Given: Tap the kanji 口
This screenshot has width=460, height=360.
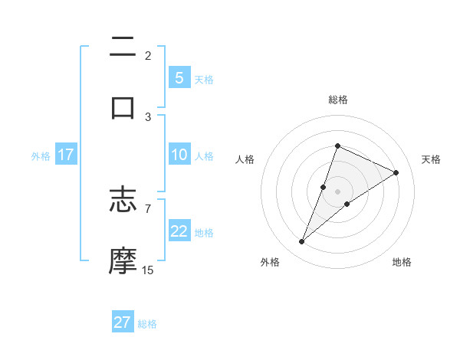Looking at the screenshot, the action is click(x=123, y=107).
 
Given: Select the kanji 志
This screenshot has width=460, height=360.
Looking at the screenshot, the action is click(x=123, y=201).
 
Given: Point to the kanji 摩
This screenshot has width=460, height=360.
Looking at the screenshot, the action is click(x=123, y=260).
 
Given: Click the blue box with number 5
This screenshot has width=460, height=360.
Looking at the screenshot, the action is click(x=179, y=78).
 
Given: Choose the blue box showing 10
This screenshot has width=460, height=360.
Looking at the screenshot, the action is click(x=179, y=155).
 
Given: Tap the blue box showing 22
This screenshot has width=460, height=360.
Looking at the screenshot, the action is click(x=179, y=232).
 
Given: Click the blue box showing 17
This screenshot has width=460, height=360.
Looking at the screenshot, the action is click(x=65, y=155).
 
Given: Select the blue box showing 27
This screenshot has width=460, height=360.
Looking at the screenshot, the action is click(x=123, y=322).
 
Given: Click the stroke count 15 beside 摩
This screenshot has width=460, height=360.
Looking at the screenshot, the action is click(x=147, y=270).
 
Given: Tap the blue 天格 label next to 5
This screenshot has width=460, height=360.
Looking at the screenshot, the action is click(x=204, y=79).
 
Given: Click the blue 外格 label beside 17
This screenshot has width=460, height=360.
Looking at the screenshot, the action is click(x=41, y=155).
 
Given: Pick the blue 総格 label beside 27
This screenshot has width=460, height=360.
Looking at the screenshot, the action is click(x=147, y=323).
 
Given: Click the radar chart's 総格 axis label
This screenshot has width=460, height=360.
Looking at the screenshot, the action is click(x=337, y=100).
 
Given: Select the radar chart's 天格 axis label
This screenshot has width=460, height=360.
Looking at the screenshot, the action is click(x=431, y=159).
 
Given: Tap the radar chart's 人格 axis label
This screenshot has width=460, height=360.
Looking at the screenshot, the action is click(x=245, y=159).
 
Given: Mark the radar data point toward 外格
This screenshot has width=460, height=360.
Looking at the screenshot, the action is click(x=302, y=242).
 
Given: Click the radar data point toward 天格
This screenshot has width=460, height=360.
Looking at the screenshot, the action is click(x=396, y=173).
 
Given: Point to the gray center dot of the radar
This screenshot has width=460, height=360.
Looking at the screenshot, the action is click(x=337, y=191).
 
